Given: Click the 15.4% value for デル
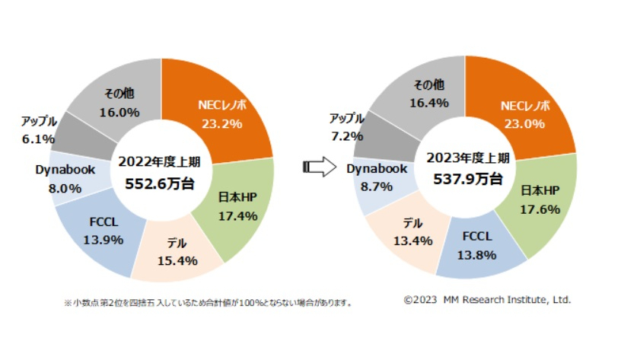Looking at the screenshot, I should coord(177,260).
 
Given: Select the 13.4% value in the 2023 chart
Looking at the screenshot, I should coord(412,241).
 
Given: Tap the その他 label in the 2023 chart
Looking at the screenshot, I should coord(428,84).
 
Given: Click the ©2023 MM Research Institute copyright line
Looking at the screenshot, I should coord(487,300).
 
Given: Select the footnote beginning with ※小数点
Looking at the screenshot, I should coord(207,303).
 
